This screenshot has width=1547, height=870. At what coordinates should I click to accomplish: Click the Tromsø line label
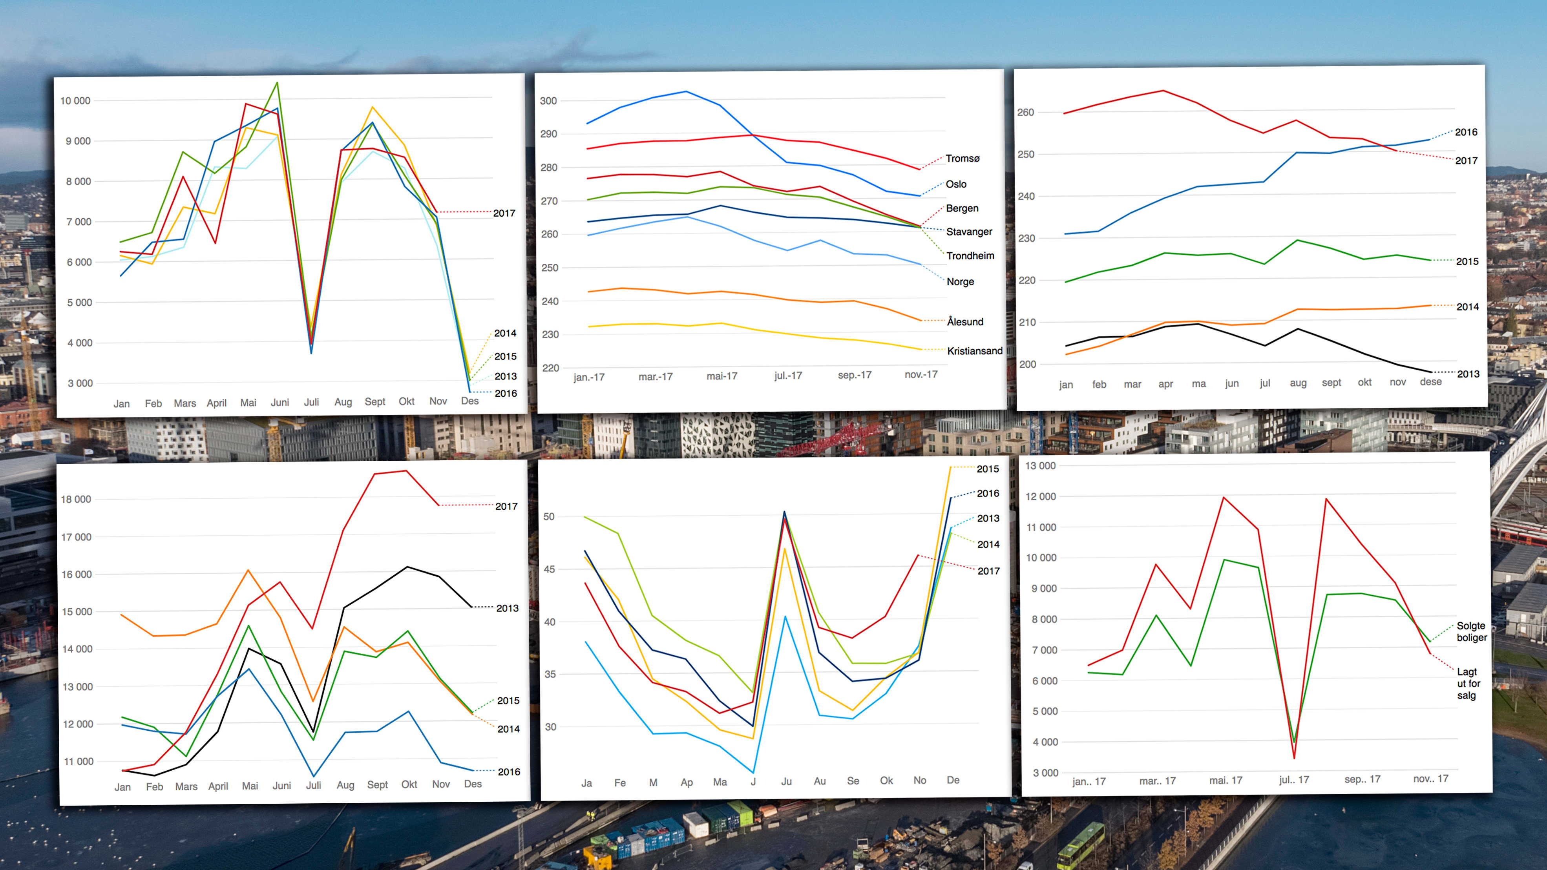pos(962,159)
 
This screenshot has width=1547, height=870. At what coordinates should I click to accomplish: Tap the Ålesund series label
pos(965,322)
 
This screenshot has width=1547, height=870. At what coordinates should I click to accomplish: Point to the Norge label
pos(960,282)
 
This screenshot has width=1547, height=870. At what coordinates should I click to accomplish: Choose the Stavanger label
pos(969,232)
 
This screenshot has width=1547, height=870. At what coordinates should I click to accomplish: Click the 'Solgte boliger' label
pos(1471,632)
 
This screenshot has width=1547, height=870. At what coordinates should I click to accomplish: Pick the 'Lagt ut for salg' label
pos(1468,683)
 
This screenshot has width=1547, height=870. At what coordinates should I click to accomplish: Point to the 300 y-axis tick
pos(548,101)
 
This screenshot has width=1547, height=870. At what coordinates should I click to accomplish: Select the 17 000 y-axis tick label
pos(76,537)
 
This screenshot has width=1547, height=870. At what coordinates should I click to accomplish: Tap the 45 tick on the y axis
pos(549,569)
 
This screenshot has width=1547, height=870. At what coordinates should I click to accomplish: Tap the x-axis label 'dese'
pos(1430,382)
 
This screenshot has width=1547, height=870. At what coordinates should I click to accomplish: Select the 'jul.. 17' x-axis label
pos(1293,780)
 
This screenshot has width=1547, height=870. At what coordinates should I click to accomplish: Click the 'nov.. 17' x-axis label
pos(1430,779)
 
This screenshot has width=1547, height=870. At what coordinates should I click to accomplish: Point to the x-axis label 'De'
pos(952,780)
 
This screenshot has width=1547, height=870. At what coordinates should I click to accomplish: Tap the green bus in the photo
pos(1080,845)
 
